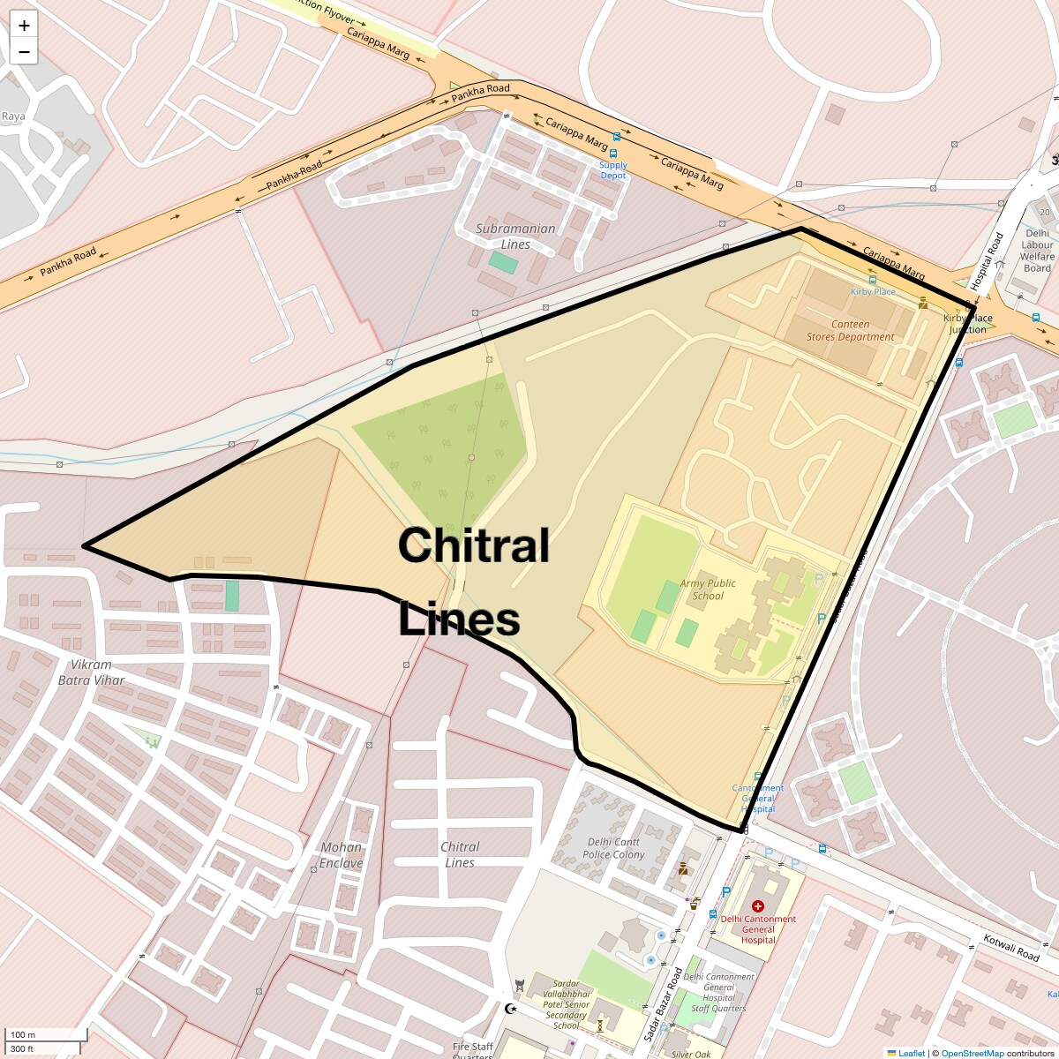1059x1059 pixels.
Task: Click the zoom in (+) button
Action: [x=24, y=26]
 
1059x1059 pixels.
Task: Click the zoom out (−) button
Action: [x=24, y=52]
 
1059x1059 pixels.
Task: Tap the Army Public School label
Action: [x=708, y=590]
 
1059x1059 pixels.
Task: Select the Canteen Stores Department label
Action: [x=850, y=330]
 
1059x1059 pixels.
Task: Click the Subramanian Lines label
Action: [x=515, y=237]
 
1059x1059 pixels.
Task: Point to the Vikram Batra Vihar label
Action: [x=91, y=672]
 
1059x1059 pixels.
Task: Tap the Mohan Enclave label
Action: [x=342, y=855]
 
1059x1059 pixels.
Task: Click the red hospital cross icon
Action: [x=757, y=905]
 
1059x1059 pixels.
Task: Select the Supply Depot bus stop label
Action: [x=613, y=170]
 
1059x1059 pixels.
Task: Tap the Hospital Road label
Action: [x=987, y=261]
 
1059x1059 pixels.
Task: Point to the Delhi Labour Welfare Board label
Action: [x=1037, y=251]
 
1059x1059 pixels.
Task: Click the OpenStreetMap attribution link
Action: [x=972, y=1053]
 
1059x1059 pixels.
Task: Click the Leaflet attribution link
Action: [x=911, y=1053]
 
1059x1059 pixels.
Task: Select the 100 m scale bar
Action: [x=46, y=1034]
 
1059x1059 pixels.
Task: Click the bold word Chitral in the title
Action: [x=474, y=545]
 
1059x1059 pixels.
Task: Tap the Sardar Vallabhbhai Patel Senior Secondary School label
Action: [x=566, y=1004]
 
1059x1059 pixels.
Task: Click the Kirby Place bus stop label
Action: [x=873, y=291]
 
